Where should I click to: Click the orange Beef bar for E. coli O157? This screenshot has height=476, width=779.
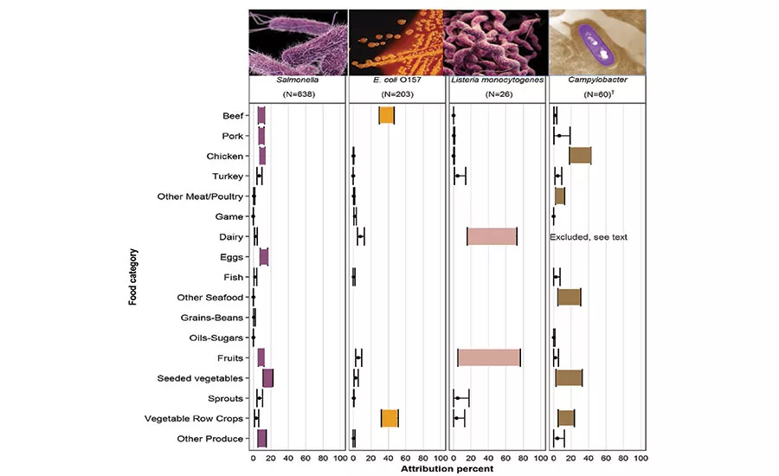click(387, 116)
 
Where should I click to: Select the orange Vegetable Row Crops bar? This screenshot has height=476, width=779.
click(389, 418)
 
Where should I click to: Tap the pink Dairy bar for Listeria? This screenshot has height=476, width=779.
click(492, 236)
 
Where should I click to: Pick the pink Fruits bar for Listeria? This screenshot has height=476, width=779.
click(489, 357)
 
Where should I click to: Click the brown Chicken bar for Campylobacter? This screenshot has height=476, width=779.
click(580, 156)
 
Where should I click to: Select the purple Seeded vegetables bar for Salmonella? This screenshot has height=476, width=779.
click(268, 377)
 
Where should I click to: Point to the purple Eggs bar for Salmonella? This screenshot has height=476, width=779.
click(264, 257)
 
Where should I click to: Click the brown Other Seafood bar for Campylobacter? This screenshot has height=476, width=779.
click(569, 297)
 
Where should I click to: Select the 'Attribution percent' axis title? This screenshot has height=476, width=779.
click(447, 468)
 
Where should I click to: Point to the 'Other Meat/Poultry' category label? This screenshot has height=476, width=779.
click(201, 196)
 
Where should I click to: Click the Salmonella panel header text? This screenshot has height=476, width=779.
click(298, 80)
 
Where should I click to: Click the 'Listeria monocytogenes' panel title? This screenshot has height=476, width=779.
click(498, 80)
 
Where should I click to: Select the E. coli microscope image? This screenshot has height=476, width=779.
click(395, 41)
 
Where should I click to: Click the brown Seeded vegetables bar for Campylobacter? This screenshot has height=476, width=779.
click(569, 377)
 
